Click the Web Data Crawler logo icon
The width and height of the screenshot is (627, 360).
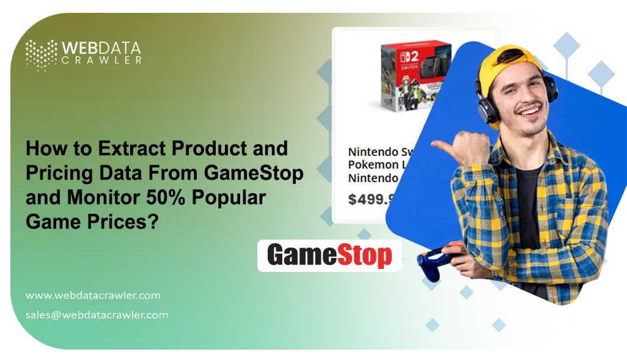(x=41, y=54)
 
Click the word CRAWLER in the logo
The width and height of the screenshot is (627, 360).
(x=103, y=60)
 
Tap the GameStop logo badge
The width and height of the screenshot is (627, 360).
(x=329, y=255)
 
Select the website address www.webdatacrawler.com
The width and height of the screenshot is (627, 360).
(x=93, y=295)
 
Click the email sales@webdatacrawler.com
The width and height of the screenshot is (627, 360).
(x=97, y=315)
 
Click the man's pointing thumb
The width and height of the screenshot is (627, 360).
(x=442, y=147)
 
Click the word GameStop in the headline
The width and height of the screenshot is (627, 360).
(x=263, y=174)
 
